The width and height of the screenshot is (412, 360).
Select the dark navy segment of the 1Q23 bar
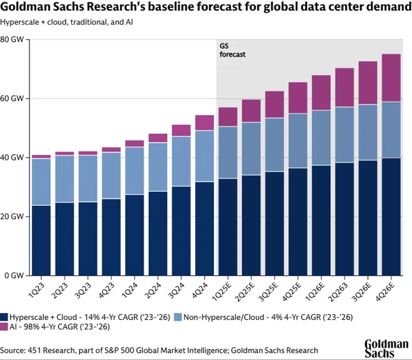coord(41,240)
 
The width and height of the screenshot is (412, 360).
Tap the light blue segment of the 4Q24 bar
coord(205,156)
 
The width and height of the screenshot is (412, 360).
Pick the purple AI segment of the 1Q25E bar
coord(228,116)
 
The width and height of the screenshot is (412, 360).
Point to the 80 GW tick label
coord(12,39)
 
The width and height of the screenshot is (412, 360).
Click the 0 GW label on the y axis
coord(14,275)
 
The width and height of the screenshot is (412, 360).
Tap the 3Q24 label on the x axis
coord(178,292)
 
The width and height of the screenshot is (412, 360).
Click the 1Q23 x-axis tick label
coord(38,292)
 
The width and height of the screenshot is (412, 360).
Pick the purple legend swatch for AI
coord(4,326)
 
